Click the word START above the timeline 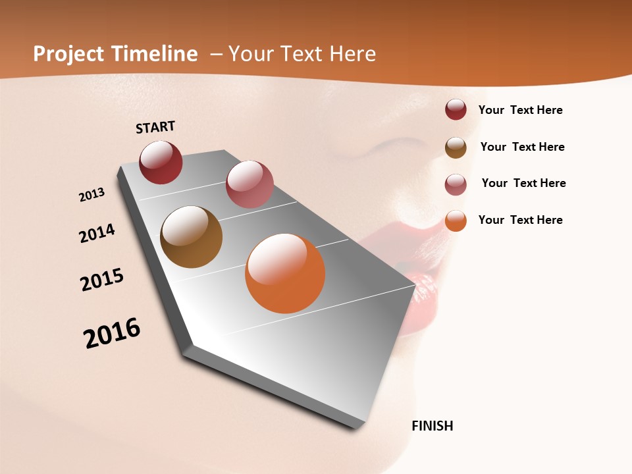point(155,127)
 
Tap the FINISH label point(433,426)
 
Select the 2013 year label point(92,195)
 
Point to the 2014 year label point(97,234)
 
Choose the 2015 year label point(102,280)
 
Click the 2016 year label point(112,333)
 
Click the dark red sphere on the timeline point(161,163)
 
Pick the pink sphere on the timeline point(250,184)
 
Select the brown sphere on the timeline point(191,237)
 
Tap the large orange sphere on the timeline point(285,273)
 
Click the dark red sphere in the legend point(456,109)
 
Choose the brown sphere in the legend point(456,147)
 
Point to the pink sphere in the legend point(456,184)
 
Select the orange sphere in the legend point(456,221)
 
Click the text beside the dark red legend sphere point(520,111)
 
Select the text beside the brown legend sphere point(522,147)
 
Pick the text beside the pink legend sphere point(523,183)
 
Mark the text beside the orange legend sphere point(520,220)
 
